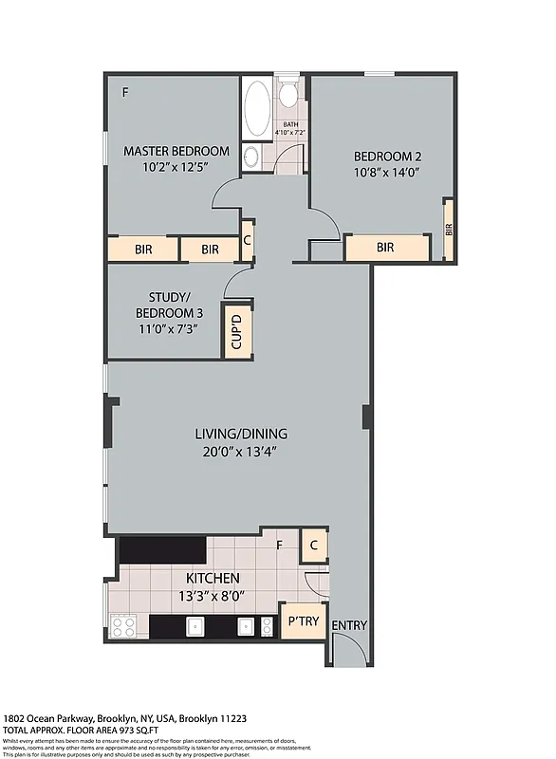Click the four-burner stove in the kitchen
(123, 626)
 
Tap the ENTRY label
(349, 625)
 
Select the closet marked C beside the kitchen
(314, 546)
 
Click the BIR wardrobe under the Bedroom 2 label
(386, 248)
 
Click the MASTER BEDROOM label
(176, 151)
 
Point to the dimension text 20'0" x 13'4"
(240, 452)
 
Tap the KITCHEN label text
(213, 578)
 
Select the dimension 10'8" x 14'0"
(386, 173)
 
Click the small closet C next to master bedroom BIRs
(247, 240)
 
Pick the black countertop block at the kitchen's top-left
(161, 550)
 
